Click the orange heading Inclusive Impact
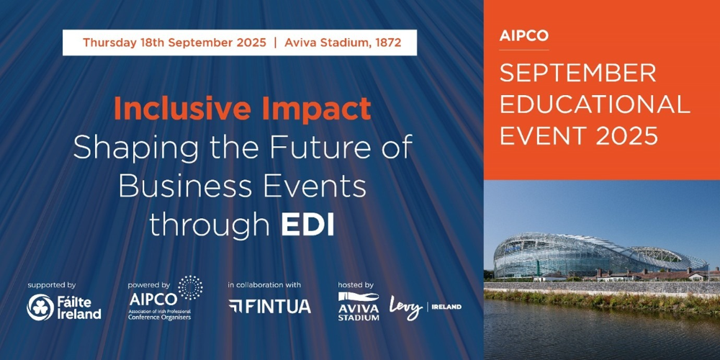tap(242, 109)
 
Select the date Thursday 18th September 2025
tap(174, 42)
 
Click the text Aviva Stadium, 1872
tap(343, 42)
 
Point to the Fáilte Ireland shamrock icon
tap(40, 307)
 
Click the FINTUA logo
tap(269, 306)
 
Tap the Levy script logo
tap(406, 307)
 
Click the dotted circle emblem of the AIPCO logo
tap(190, 288)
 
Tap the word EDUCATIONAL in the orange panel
tap(595, 105)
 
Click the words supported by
tap(51, 285)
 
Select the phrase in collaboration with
tap(264, 285)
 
